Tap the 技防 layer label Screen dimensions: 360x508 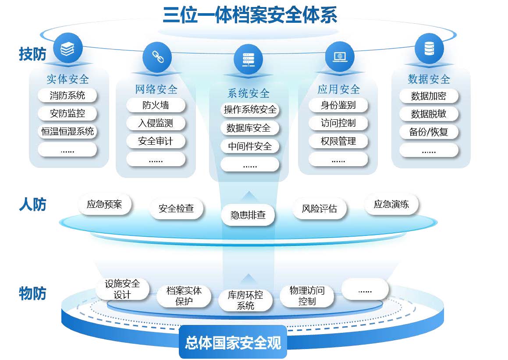click(x=32, y=54)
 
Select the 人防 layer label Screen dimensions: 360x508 click(x=32, y=205)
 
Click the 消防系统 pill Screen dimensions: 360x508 click(x=67, y=95)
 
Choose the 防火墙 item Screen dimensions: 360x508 click(x=156, y=105)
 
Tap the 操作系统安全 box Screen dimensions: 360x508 click(x=250, y=110)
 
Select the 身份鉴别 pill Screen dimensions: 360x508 click(x=338, y=105)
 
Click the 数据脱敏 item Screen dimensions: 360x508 click(x=428, y=114)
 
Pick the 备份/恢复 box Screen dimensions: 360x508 click(x=428, y=132)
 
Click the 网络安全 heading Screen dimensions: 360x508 click(x=156, y=89)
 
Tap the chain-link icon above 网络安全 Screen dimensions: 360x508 click(x=156, y=56)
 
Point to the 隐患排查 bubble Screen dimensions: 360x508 click(x=248, y=215)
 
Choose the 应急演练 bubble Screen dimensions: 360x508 click(x=391, y=204)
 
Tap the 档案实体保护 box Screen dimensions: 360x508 click(x=184, y=296)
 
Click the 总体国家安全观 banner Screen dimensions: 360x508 click(x=233, y=342)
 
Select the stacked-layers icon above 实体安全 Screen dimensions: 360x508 click(x=67, y=48)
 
